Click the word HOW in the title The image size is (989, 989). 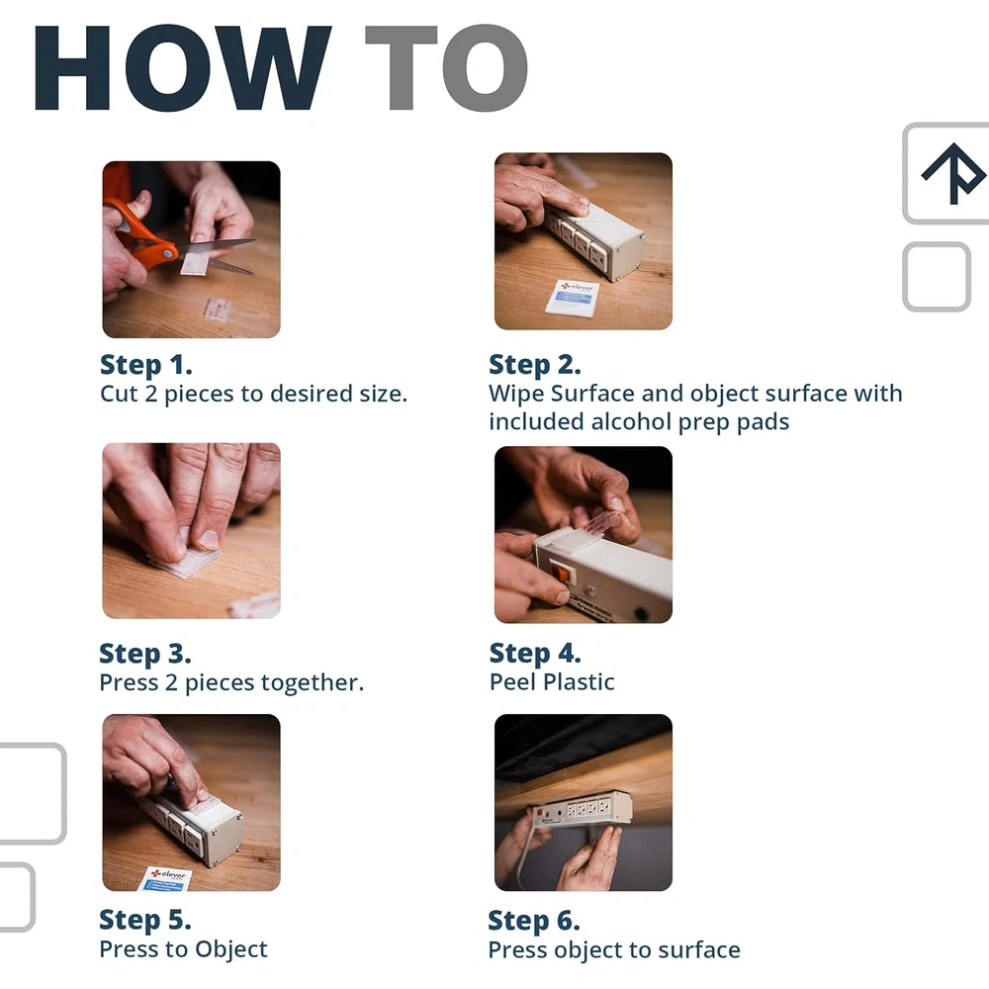point(182,68)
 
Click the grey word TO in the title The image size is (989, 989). point(447,68)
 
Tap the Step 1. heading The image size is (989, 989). point(146,365)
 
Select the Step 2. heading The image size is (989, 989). point(535,365)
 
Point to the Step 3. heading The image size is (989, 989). point(145,654)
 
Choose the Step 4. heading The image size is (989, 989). point(535,653)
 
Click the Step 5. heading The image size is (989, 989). point(145,920)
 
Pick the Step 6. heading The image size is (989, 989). point(534,921)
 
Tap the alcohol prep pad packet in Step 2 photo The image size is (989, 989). point(573,297)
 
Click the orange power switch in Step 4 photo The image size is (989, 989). point(560,574)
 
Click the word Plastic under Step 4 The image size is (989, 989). point(579,681)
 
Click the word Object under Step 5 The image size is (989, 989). point(230,949)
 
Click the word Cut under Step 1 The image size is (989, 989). point(119,394)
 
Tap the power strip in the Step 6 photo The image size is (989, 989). point(582,806)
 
